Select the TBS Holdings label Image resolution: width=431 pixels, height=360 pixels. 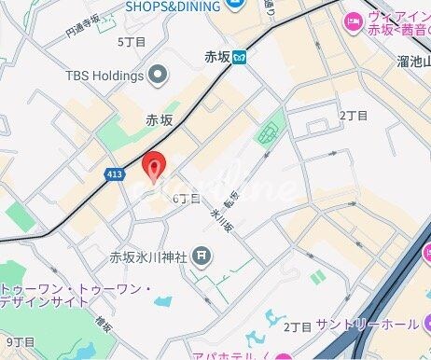click(x=104, y=75)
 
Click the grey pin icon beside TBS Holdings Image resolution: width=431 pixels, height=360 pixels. click(x=158, y=74)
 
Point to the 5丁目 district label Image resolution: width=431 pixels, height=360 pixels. click(x=132, y=42)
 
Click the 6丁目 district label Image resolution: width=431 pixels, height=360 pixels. click(x=187, y=199)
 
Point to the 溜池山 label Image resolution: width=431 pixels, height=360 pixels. click(x=411, y=61)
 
